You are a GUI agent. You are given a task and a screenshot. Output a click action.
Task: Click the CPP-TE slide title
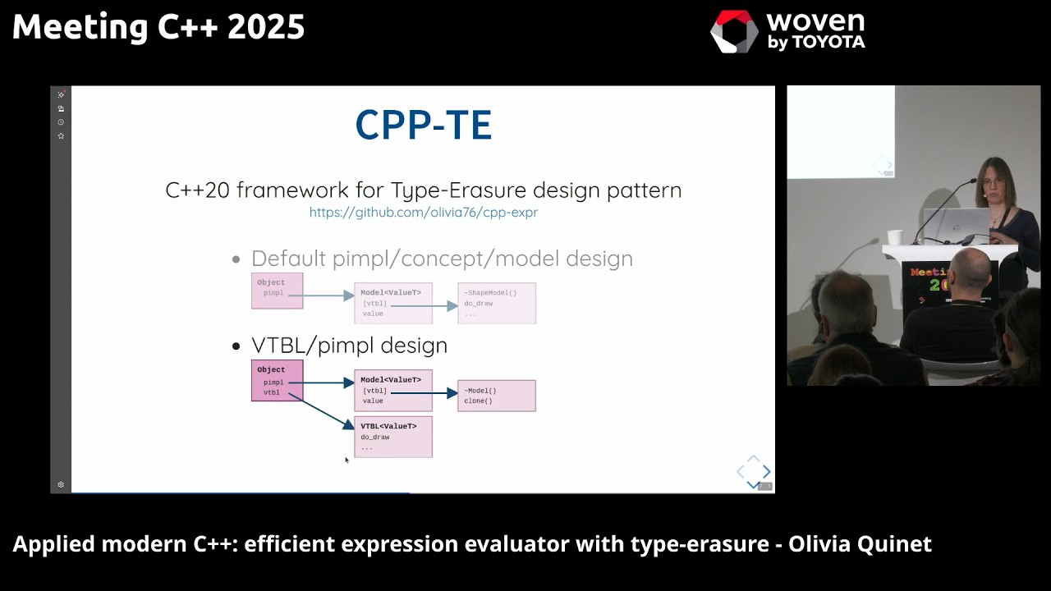[x=423, y=125]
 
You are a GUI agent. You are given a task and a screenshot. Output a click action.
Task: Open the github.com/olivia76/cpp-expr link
[x=423, y=213]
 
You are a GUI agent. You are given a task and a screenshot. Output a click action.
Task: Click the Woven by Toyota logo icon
[x=733, y=32]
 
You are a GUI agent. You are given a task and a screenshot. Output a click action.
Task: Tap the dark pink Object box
[x=277, y=381]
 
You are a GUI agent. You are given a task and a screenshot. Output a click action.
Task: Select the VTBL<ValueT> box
[x=392, y=437]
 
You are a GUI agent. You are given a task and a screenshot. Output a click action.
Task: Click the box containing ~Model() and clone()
[x=496, y=396]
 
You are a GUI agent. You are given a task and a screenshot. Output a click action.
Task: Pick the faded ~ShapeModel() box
[x=496, y=303]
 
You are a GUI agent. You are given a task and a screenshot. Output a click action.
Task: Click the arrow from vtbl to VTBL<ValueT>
[x=322, y=410]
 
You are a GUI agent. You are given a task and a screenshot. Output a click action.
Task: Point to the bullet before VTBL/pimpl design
[x=236, y=346]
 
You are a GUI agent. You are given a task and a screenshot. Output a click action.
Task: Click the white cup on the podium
[x=894, y=237]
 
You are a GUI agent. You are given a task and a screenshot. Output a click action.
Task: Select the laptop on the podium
[x=957, y=224]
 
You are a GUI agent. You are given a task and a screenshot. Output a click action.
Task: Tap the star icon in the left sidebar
[x=61, y=135]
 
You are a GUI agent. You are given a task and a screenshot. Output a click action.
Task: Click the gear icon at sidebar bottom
[x=61, y=484]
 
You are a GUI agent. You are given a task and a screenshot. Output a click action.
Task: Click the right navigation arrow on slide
[x=767, y=471]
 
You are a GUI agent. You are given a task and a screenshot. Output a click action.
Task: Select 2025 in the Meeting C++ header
[x=266, y=27]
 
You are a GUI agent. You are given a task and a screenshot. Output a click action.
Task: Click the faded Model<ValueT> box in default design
[x=392, y=303]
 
